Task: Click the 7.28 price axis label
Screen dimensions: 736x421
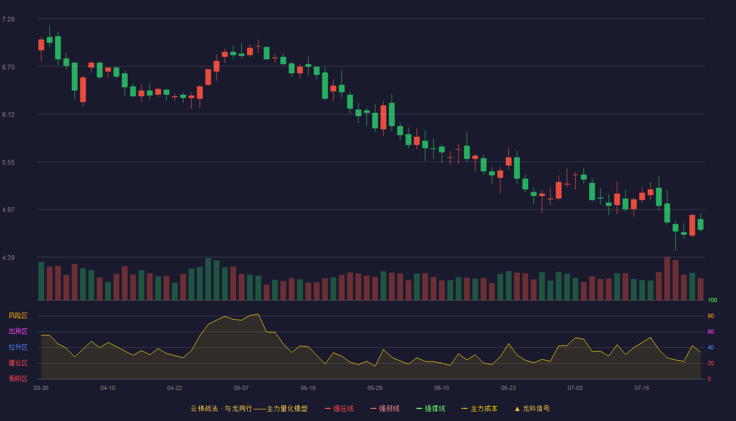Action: (8, 19)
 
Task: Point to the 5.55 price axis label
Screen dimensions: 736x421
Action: (8, 163)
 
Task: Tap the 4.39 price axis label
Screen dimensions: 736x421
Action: (8, 257)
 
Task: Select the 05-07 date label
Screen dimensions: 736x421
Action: (241, 388)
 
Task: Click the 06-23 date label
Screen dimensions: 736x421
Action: (508, 388)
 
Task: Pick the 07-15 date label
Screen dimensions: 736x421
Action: (642, 388)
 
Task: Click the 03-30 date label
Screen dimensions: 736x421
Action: (41, 388)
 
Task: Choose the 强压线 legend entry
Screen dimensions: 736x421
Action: (339, 408)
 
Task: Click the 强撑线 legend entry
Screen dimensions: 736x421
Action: (431, 408)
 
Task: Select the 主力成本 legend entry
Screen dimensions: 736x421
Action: (479, 408)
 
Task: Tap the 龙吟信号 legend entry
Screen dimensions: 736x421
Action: (532, 408)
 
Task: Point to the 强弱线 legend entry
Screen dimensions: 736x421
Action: (385, 408)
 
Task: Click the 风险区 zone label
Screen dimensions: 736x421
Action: (18, 316)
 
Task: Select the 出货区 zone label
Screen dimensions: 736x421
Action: (18, 331)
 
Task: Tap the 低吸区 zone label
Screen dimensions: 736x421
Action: (18, 378)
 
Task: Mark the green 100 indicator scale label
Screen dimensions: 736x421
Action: (712, 300)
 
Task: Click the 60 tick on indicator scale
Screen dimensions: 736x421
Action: (711, 332)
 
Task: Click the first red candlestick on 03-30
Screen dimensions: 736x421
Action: (41, 45)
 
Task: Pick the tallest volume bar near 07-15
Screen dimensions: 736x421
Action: (667, 278)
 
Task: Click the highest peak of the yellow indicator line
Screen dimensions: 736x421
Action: (258, 314)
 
